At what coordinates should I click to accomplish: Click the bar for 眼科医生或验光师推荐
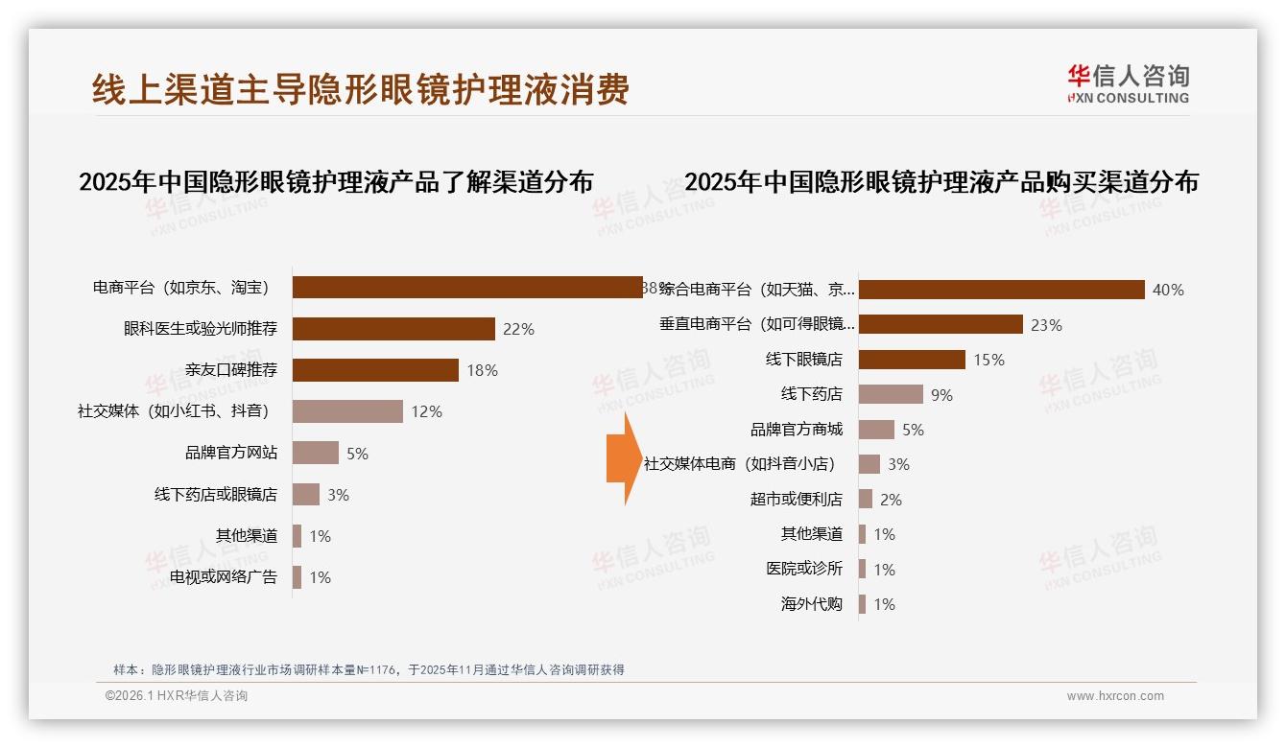coord(393,329)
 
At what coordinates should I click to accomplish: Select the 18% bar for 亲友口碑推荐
coord(375,370)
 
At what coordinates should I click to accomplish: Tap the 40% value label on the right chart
coord(1168,290)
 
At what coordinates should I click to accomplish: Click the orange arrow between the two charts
coord(623,459)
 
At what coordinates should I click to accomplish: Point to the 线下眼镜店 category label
coord(803,360)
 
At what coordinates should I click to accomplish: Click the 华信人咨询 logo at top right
coord(1128,83)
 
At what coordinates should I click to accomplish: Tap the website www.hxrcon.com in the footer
coord(1115,696)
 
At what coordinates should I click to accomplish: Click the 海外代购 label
coord(811,604)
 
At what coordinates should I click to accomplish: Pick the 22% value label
coord(518,329)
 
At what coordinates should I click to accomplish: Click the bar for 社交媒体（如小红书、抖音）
coord(347,411)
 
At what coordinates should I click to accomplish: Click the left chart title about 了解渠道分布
coord(336,181)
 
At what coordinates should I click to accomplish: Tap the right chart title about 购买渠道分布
coord(941,181)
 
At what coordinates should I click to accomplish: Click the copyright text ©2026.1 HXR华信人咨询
coord(177,696)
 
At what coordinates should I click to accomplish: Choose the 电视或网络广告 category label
coord(223,577)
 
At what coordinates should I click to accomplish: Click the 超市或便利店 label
coord(796,500)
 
